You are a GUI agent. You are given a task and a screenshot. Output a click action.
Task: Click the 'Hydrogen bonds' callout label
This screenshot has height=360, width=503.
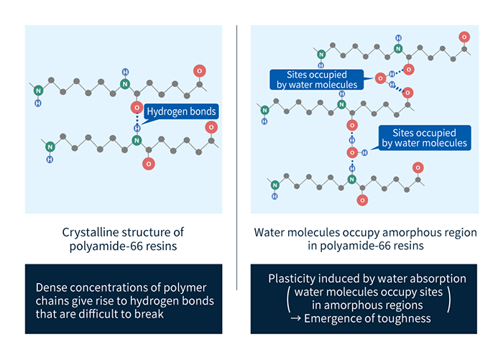[x=180, y=111]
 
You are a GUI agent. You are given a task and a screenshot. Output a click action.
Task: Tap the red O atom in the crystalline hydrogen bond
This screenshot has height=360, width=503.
[x=135, y=108]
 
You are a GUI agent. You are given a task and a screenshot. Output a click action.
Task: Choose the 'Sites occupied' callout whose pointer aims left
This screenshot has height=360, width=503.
[x=425, y=137]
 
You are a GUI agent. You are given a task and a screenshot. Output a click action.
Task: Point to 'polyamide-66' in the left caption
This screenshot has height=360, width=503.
[x=106, y=248]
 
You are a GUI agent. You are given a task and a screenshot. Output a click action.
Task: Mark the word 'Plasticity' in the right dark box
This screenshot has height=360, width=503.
[x=293, y=278]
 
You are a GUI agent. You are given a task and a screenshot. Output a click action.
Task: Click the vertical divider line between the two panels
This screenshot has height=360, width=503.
[x=237, y=180]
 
